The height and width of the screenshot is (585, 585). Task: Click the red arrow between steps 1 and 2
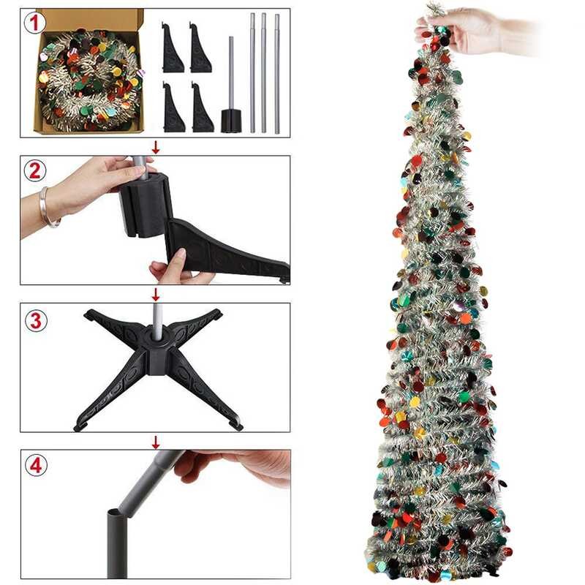(155, 146)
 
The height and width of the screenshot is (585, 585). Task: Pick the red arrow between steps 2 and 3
(155, 294)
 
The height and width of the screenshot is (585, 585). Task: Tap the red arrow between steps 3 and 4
(155, 442)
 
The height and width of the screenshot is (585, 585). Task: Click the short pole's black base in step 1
(231, 120)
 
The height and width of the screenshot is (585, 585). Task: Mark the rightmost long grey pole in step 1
(277, 73)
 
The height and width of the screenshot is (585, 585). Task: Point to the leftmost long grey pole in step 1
(252, 73)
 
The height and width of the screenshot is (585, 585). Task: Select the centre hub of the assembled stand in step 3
(156, 344)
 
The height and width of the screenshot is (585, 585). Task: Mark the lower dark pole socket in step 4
(118, 541)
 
